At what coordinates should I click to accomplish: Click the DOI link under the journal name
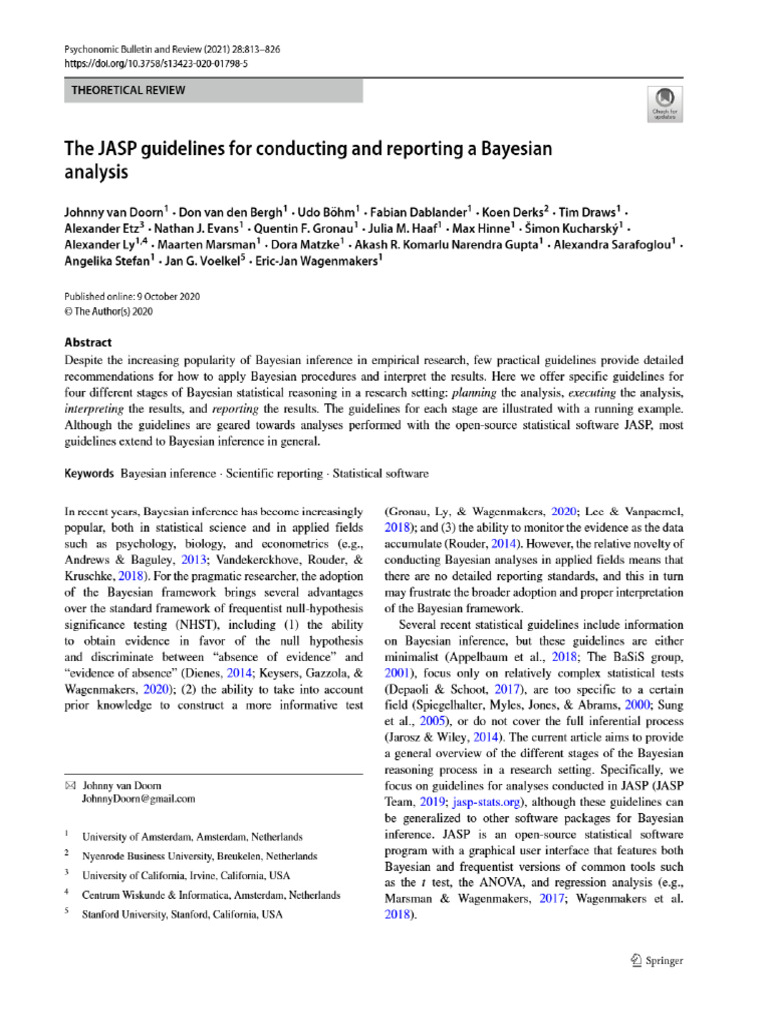pos(155,62)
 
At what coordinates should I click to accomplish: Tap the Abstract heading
pos(88,340)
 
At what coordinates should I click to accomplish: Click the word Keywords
pos(89,472)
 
